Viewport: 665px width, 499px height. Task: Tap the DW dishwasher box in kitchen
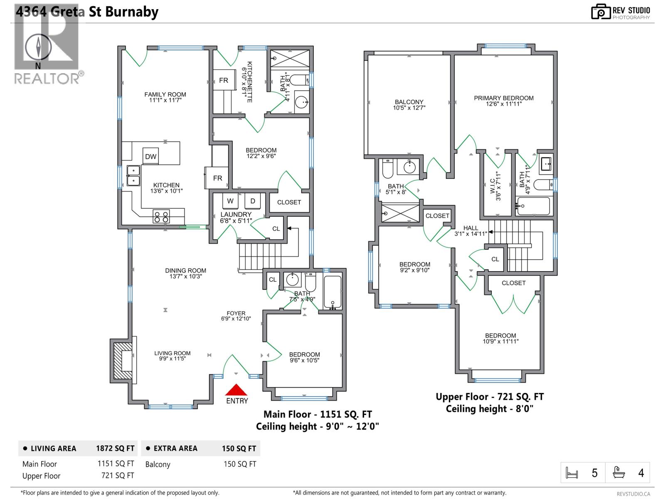tap(151, 156)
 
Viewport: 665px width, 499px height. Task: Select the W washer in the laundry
tap(230, 201)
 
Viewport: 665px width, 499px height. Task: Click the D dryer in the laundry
tap(252, 201)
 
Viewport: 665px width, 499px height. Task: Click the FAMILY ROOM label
tap(165, 97)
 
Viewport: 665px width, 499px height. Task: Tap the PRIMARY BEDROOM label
tap(504, 101)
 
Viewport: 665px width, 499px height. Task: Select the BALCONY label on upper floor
tap(409, 104)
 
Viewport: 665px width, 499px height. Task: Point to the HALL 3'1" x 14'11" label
tap(470, 231)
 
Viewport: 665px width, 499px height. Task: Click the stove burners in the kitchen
tap(161, 217)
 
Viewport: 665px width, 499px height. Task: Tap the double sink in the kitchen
tap(133, 175)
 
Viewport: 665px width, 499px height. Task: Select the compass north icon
tap(38, 47)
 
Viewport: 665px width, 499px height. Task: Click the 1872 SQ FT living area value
tap(115, 448)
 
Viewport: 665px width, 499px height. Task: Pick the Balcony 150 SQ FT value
tap(240, 464)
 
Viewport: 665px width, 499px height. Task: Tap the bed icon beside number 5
tap(572, 473)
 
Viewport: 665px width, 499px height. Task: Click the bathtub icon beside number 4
tap(619, 473)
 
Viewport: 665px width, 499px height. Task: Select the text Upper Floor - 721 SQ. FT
tap(490, 397)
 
